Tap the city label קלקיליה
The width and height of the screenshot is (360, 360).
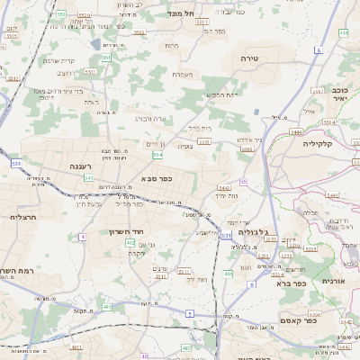point(319,143)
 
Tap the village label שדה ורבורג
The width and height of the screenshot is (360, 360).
point(150,118)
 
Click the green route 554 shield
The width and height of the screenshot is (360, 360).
point(157,155)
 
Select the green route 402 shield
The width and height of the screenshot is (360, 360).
point(130,242)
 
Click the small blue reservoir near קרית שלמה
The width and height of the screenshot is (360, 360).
point(96,42)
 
